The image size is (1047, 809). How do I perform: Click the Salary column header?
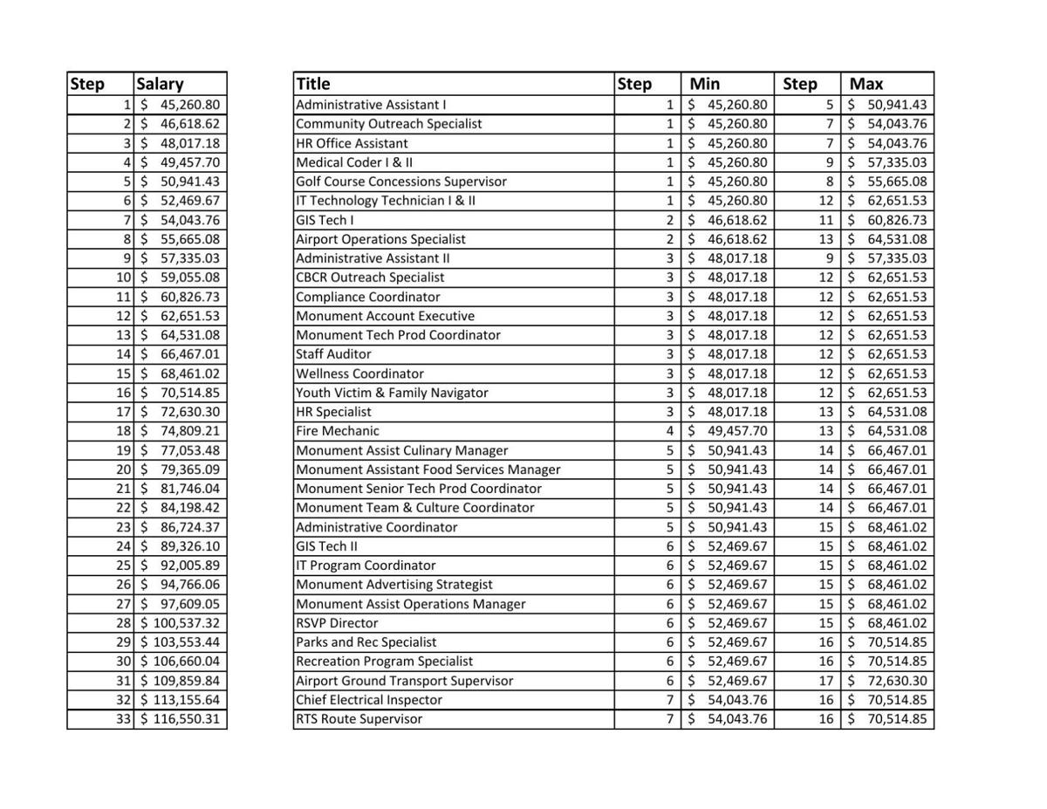pyautogui.click(x=160, y=84)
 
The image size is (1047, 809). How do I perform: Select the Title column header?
pyautogui.click(x=313, y=84)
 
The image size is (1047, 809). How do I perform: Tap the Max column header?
pyautogui.click(x=866, y=84)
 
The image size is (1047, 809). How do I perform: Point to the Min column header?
pyautogui.click(x=705, y=84)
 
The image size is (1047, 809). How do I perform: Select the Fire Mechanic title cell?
pyautogui.click(x=338, y=431)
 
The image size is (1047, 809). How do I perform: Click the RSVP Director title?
pyautogui.click(x=337, y=623)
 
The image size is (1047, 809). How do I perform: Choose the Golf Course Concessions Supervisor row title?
pyautogui.click(x=401, y=182)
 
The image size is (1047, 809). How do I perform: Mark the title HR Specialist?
pyautogui.click(x=333, y=412)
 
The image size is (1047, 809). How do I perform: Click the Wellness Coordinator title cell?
pyautogui.click(x=359, y=374)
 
